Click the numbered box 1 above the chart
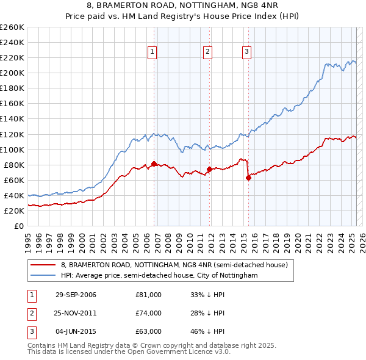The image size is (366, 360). click(152, 52)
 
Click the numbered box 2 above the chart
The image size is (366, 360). click(208, 52)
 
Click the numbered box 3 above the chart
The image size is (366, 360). click(246, 52)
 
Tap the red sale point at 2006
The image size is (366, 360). click(154, 164)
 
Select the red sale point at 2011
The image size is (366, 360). click(209, 169)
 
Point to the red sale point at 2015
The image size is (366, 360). click(248, 178)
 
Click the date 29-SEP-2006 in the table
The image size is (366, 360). click(76, 295)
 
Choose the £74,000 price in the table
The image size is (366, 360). click(148, 313)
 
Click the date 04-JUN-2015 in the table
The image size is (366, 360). click(76, 332)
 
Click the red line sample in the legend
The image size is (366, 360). click(43, 265)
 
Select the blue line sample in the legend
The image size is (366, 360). click(43, 275)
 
